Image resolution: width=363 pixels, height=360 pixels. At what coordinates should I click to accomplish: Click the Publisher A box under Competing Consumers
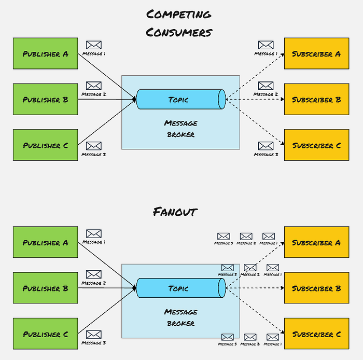pos(46,53)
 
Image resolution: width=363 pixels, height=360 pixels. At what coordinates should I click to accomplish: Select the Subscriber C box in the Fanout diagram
pos(316,334)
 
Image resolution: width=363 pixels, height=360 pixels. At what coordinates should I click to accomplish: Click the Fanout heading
pos(175,212)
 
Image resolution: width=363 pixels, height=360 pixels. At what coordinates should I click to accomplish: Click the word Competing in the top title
pos(178,14)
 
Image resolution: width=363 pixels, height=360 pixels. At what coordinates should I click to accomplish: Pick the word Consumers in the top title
pos(178,32)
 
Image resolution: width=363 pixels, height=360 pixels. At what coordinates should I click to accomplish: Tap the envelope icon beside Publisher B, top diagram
pos(93,86)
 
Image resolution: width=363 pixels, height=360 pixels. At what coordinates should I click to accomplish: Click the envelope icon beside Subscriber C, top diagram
pos(266,146)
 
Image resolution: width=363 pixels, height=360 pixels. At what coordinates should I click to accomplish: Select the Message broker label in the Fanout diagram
pos(180,317)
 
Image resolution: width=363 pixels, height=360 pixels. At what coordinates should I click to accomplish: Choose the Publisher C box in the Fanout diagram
pos(46,334)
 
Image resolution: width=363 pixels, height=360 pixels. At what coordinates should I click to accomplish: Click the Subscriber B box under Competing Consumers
pos(316,99)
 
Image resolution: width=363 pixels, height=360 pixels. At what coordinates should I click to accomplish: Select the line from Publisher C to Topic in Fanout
pos(106,311)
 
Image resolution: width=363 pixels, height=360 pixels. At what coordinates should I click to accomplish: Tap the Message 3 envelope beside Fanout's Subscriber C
pos(227,337)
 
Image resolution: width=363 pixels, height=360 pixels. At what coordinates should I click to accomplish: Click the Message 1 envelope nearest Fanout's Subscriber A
pos(268,237)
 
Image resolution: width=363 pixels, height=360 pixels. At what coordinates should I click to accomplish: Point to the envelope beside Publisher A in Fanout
pos(93,234)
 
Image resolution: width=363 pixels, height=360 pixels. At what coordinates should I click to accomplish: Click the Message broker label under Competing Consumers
pos(180,128)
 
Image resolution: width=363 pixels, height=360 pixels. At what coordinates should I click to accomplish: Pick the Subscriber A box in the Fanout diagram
pos(316,242)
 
